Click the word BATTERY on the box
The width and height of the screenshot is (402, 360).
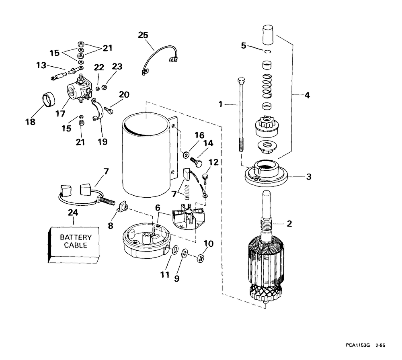point(76,237)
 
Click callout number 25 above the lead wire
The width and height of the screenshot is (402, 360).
point(143,35)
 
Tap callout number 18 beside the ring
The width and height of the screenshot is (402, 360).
point(30,121)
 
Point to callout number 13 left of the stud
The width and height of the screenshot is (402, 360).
point(41,65)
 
